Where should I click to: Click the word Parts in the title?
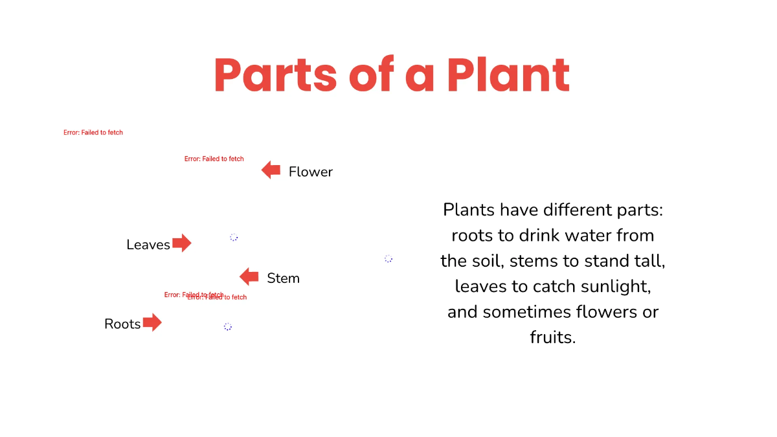276,76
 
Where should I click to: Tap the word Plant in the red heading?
508,76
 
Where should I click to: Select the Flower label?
310,172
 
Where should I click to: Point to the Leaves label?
148,245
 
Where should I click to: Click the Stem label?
283,278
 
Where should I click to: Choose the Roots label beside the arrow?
122,324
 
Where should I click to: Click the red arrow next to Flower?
271,171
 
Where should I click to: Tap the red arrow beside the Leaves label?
182,243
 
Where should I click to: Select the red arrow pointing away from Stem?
249,277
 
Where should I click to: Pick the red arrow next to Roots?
152,322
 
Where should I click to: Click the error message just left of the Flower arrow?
214,159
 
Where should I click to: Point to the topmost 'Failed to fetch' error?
93,133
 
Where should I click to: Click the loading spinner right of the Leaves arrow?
234,238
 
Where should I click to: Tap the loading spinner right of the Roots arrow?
228,327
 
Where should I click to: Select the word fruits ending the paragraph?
552,337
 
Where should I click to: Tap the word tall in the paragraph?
648,261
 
